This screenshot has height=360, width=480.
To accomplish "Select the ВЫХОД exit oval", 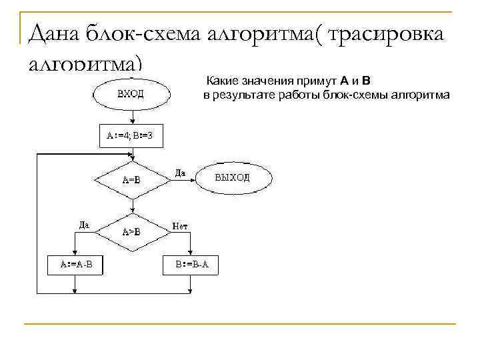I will (x=233, y=177).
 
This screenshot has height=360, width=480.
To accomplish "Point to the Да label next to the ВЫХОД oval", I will (x=180, y=173).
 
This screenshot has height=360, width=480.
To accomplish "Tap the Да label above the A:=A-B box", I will (x=84, y=225).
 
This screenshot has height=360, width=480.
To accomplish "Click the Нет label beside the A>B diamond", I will (x=179, y=226).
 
